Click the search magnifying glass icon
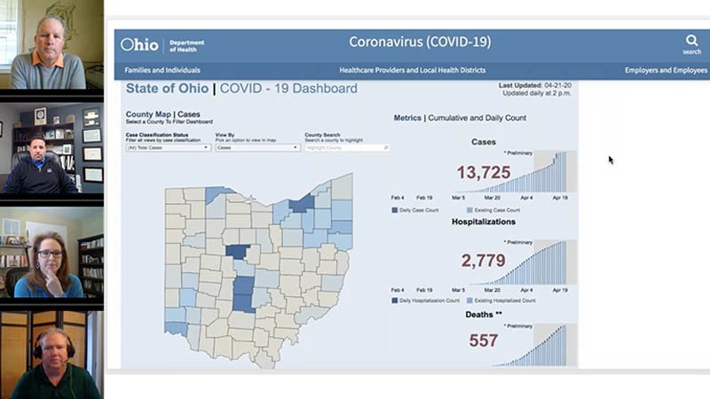[691, 41]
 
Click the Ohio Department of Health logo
[162, 43]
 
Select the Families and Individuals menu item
[162, 70]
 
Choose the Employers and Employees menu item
[666, 70]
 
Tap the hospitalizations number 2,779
[483, 261]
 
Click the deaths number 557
[483, 340]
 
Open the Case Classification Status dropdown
[168, 148]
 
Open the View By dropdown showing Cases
[257, 148]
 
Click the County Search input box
[346, 148]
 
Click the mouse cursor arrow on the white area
[611, 160]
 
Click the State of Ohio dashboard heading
[241, 89]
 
